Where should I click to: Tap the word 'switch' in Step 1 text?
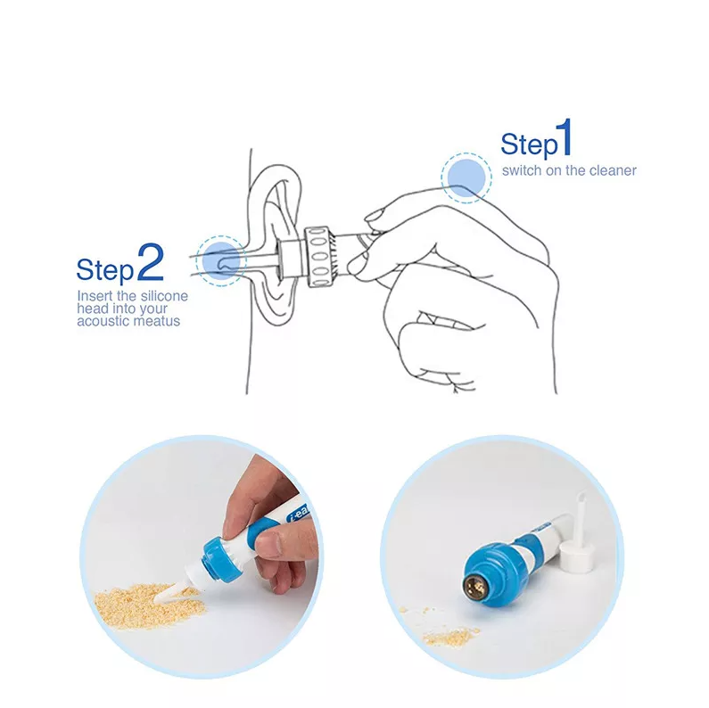pos(520,170)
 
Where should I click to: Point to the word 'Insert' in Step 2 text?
pos(94,295)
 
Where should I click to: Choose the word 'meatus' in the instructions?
pos(158,320)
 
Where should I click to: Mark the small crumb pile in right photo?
pos(450,636)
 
